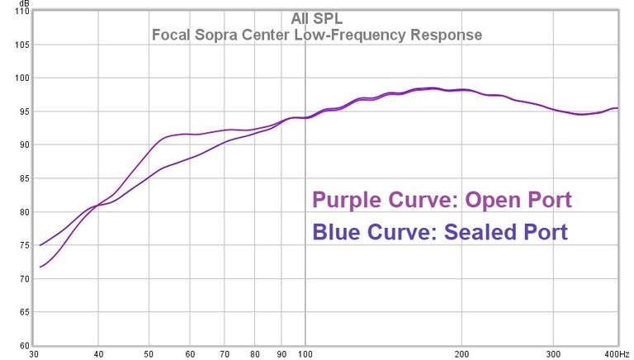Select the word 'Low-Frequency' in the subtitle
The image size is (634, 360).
coord(349,36)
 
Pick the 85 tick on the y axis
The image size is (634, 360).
coord(23,179)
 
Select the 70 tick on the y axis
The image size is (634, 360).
coord(23,279)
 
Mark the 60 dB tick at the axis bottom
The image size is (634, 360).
coord(23,346)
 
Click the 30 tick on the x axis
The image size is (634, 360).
coord(33,353)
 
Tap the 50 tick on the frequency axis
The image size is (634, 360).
coord(149,353)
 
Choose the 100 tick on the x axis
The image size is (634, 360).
coord(305,353)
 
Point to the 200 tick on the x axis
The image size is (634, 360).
coord(462,353)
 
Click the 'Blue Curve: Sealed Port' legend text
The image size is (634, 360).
coord(440,232)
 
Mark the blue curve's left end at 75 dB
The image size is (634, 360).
coord(40,245)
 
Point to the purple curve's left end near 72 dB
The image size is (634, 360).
coord(40,267)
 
